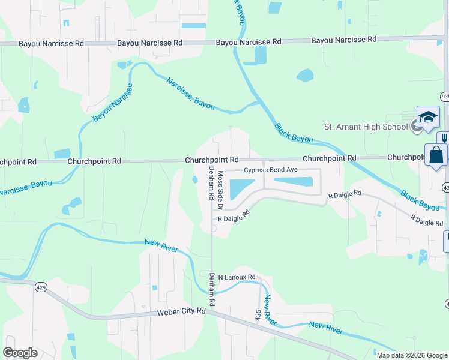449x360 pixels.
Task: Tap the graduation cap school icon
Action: pyautogui.click(x=429, y=117)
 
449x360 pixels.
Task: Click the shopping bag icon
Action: pyautogui.click(x=436, y=155)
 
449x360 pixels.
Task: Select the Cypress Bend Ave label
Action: pyautogui.click(x=271, y=170)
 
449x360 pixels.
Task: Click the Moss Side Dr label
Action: pyautogui.click(x=220, y=186)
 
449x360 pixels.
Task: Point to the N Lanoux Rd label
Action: pyautogui.click(x=237, y=277)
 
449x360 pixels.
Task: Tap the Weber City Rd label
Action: pyautogui.click(x=181, y=312)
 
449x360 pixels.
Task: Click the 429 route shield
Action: pyautogui.click(x=41, y=287)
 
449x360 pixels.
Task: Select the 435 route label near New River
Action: pyautogui.click(x=258, y=314)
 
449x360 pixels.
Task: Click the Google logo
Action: pyautogui.click(x=20, y=353)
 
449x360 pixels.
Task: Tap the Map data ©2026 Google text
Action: pyautogui.click(x=412, y=355)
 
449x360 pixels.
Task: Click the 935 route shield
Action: pyautogui.click(x=445, y=96)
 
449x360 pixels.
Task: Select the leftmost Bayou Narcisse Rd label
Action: pyautogui.click(x=51, y=44)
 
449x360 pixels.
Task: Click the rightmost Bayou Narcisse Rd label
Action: pyautogui.click(x=343, y=40)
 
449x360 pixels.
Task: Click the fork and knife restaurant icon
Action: pyautogui.click(x=444, y=137)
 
